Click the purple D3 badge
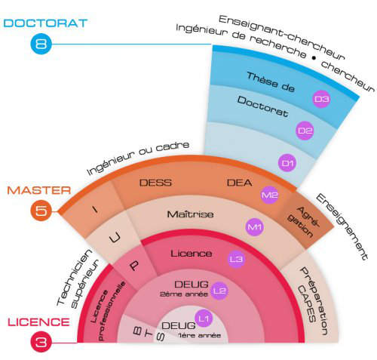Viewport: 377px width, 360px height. tap(321, 99)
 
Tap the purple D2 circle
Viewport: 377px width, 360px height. tap(305, 131)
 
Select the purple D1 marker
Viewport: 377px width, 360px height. tap(287, 163)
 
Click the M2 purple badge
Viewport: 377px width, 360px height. tap(269, 195)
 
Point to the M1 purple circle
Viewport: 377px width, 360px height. tap(255, 227)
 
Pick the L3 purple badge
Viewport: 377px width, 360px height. tap(236, 259)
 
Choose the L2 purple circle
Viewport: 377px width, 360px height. tap(219, 291)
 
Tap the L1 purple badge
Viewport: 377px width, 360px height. tap(204, 318)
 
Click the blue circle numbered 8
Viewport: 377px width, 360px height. tap(41, 44)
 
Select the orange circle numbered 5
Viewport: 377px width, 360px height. tap(41, 211)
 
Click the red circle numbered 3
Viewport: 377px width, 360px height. tap(41, 342)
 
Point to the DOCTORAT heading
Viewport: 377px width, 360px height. tap(45, 23)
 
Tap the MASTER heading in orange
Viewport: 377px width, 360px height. tap(39, 190)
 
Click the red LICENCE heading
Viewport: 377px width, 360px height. tap(38, 322)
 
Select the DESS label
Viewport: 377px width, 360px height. tap(155, 183)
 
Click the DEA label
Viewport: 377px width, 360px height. tap(239, 183)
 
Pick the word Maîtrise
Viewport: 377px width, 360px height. tap(191, 214)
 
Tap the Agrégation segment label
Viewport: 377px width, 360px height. tap(303, 222)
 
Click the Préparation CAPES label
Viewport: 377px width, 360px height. tap(311, 300)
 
